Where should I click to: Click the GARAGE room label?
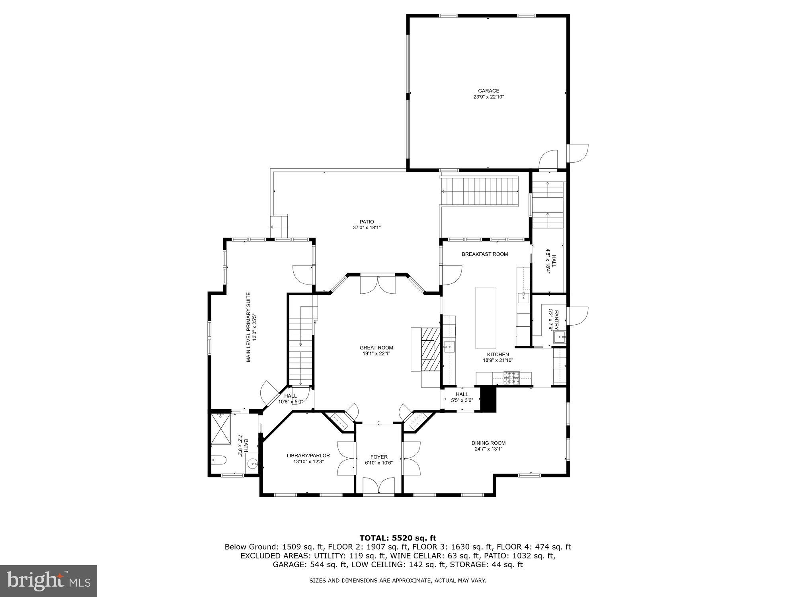[488, 91]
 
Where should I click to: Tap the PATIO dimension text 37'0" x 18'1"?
[367, 228]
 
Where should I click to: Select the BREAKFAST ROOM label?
[484, 254]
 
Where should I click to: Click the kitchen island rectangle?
[486, 318]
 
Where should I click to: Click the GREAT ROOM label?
[376, 347]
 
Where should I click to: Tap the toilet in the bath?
[219, 460]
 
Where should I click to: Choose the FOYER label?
[378, 457]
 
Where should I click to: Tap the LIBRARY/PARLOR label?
[308, 455]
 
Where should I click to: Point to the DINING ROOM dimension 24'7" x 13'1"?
[488, 449]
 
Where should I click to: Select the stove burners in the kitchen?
[511, 377]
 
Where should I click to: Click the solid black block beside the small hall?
[489, 399]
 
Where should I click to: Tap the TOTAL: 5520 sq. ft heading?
[398, 538]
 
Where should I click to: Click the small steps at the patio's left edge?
[279, 227]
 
